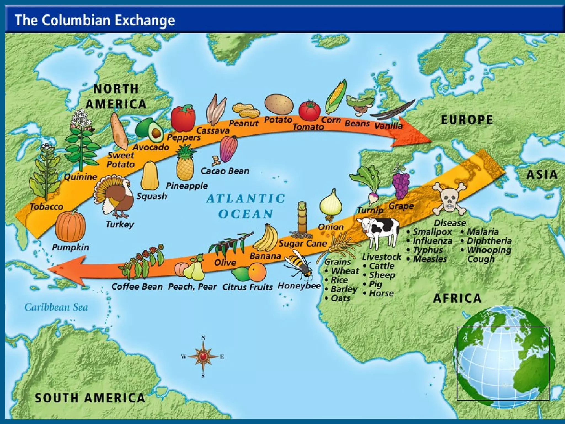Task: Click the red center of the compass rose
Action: coord(203,356)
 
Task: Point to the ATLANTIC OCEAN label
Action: coord(246,206)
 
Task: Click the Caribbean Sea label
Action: coord(56,307)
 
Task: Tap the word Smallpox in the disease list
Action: coord(432,232)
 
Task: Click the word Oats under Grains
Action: coord(340,298)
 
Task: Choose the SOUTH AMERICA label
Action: coord(90,398)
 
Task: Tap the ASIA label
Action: coord(542,175)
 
